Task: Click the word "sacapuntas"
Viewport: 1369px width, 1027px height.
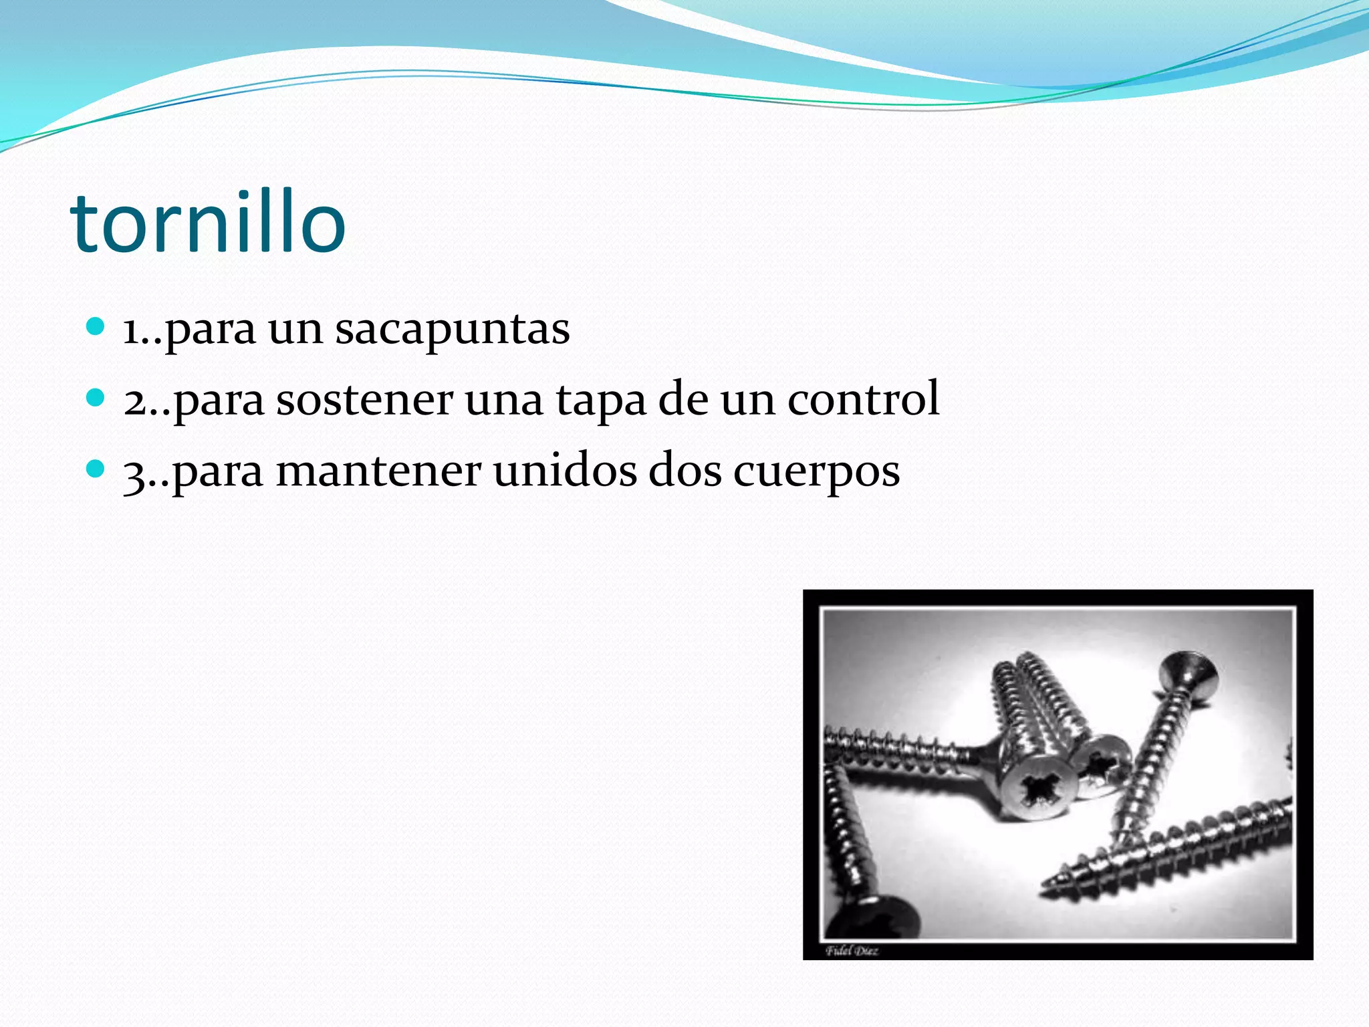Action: [453, 329]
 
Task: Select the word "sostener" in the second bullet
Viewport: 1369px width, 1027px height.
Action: [364, 400]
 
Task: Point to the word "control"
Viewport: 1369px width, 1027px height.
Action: [863, 399]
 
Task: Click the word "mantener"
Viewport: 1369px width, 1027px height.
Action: [378, 471]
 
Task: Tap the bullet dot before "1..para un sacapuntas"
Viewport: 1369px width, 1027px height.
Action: [96, 327]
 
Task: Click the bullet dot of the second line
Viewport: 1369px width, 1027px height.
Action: [96, 398]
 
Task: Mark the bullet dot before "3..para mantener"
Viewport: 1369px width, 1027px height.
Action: [96, 469]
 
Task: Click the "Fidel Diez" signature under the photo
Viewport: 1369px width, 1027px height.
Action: [852, 951]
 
